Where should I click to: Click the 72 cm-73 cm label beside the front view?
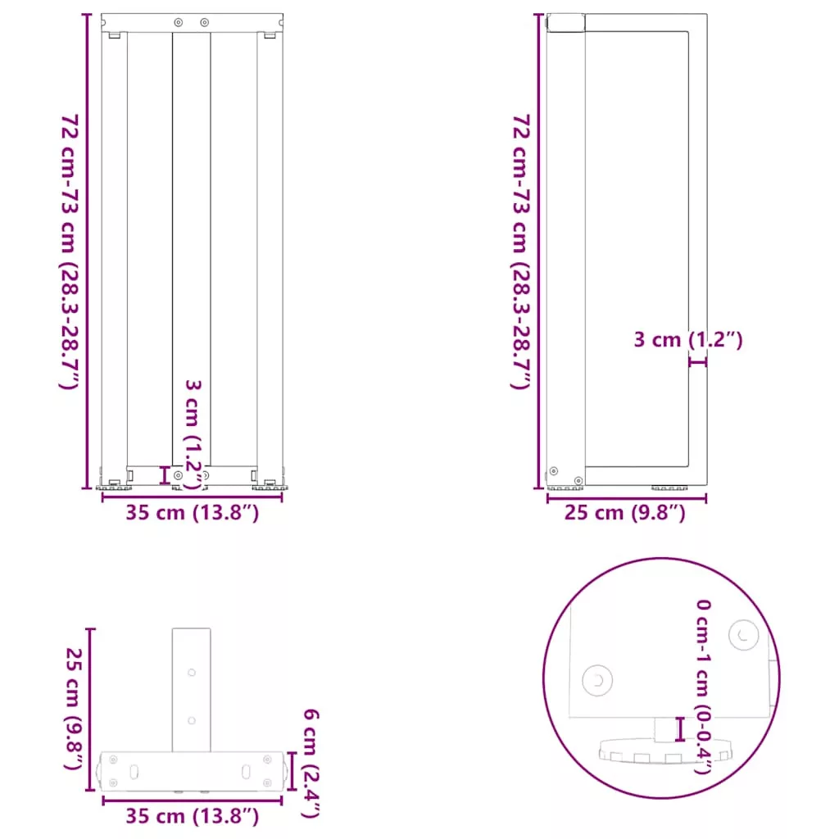point(70,252)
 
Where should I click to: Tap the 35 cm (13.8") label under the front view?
point(192,513)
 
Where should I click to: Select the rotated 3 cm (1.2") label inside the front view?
point(193,434)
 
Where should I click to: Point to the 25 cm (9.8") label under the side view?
point(625,513)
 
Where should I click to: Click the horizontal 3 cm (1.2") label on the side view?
point(688,340)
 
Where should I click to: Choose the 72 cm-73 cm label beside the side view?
point(522,252)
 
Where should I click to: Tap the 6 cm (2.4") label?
point(311,763)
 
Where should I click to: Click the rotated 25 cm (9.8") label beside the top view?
point(73,709)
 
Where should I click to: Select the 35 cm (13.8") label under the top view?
point(192,816)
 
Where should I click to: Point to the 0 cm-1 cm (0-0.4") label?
point(703,687)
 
